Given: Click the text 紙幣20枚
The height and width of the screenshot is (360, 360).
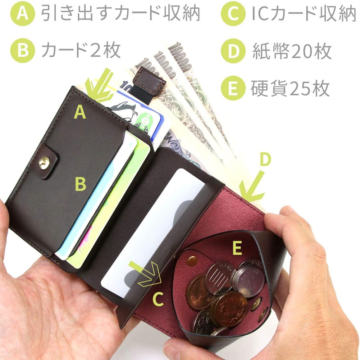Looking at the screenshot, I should pyautogui.click(x=292, y=52).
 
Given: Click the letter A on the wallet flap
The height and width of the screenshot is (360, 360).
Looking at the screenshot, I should pyautogui.click(x=80, y=112).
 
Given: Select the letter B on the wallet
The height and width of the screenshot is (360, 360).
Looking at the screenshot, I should pyautogui.click(x=80, y=184).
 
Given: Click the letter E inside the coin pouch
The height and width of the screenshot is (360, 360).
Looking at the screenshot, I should pyautogui.click(x=237, y=248).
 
